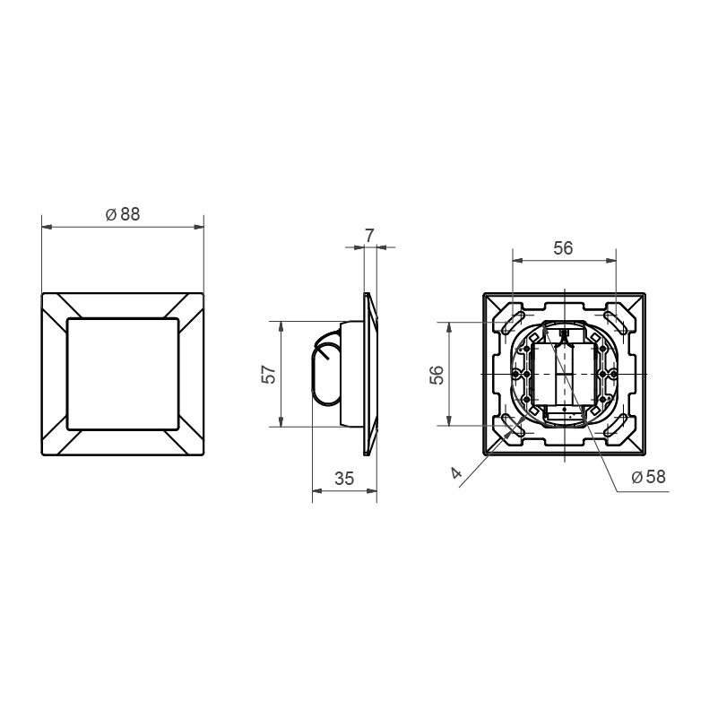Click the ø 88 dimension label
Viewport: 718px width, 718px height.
point(123,214)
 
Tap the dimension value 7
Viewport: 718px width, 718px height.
point(369,236)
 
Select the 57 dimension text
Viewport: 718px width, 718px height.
point(270,374)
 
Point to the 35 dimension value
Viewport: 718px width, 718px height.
point(344,479)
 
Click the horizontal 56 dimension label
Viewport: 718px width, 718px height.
point(563,248)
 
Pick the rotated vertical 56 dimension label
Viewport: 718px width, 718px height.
point(437,375)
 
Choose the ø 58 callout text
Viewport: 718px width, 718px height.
point(648,477)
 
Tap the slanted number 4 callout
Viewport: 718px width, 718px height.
point(456,472)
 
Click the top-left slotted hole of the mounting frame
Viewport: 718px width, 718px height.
point(513,323)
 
